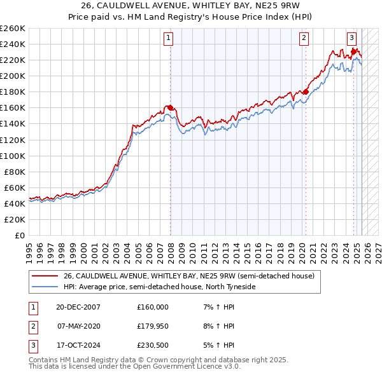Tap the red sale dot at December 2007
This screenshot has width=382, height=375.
pyautogui.click(x=171, y=107)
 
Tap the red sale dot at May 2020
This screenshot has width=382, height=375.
pyautogui.click(x=306, y=92)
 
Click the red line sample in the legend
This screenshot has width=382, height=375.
pyautogui.click(x=45, y=276)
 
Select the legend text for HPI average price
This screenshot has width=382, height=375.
pyautogui.click(x=159, y=287)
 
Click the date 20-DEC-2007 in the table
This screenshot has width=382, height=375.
pyautogui.click(x=78, y=307)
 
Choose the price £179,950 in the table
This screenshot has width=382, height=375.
pyautogui.click(x=153, y=326)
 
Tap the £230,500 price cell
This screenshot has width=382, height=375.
pyautogui.click(x=153, y=345)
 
